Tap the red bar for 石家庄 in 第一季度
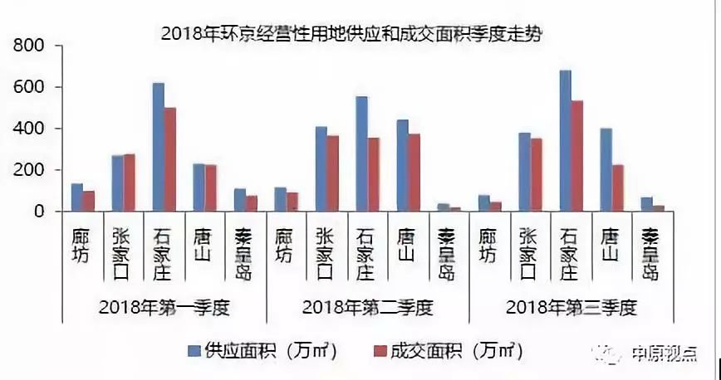(x=169, y=159)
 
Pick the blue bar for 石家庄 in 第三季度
(x=565, y=141)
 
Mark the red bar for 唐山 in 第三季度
(x=617, y=188)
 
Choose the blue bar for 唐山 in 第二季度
(x=402, y=166)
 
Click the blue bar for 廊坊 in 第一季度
(x=77, y=197)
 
